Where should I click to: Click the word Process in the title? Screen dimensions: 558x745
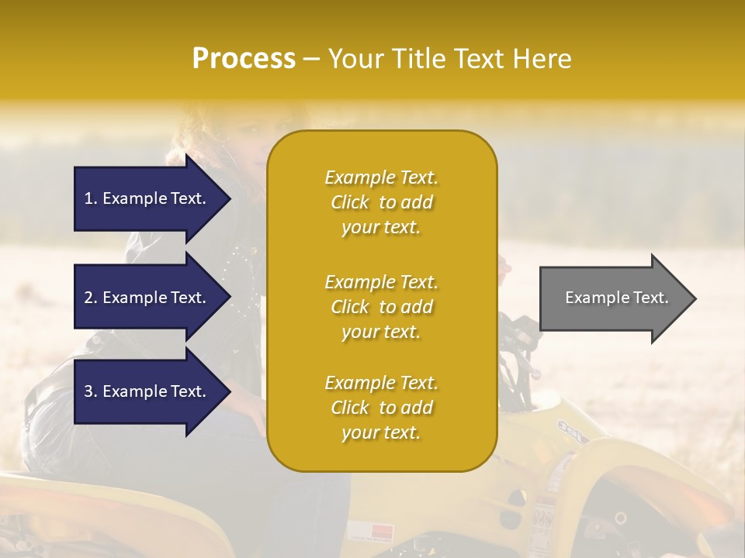point(244,59)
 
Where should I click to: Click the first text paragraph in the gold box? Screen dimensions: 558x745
point(381,202)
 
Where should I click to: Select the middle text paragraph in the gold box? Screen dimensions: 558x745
point(381,307)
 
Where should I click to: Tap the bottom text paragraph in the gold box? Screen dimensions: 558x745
point(381,408)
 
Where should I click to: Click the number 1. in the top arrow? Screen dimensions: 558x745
point(91,198)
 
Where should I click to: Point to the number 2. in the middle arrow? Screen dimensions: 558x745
point(91,298)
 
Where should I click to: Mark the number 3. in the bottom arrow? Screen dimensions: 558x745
point(91,391)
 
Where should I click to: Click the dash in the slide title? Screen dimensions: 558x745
point(312,59)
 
